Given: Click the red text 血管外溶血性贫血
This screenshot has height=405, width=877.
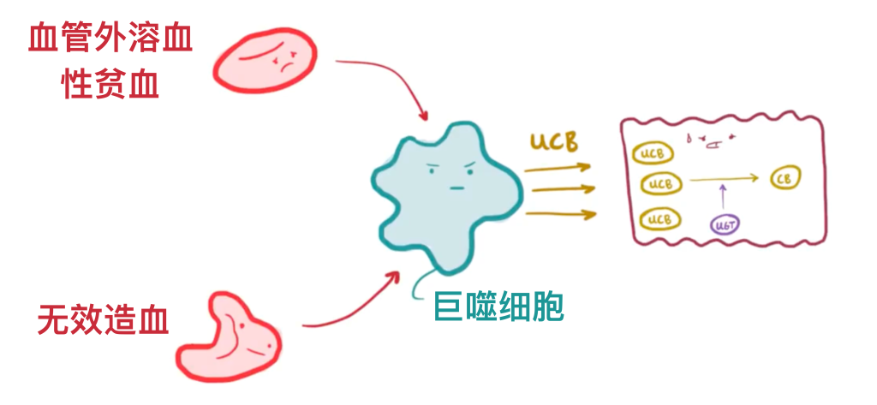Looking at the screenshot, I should [110, 62].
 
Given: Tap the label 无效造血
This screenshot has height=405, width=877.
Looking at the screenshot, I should [103, 320].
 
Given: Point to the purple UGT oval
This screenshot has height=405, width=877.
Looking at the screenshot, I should [725, 224].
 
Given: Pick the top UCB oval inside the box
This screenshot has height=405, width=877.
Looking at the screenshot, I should [652, 153].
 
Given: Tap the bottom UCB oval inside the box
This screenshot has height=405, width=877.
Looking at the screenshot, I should [658, 219].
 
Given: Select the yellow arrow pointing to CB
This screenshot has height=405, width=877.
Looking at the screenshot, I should [724, 179].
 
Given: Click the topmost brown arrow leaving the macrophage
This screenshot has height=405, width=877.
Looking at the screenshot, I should [557, 168].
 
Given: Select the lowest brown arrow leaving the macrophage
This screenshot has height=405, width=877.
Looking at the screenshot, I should [557, 212].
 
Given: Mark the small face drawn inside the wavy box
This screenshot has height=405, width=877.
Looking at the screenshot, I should [710, 140].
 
